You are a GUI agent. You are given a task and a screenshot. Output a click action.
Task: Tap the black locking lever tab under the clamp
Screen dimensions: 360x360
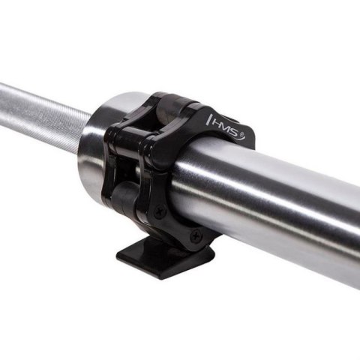165,259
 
